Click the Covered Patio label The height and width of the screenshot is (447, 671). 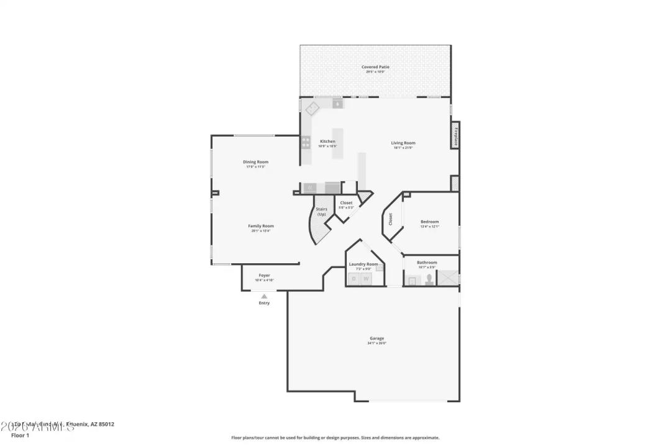point(375,67)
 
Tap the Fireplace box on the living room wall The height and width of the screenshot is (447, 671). point(455,135)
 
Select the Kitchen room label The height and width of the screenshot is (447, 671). point(327,142)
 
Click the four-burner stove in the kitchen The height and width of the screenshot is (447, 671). point(306,143)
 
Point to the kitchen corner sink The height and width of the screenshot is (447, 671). point(312,108)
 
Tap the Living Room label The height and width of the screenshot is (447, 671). point(403,143)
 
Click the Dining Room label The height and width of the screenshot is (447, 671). point(255,162)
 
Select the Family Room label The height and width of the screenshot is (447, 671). point(261,226)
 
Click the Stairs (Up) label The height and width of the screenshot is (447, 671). point(321,212)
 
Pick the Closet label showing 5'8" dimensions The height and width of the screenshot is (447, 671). point(346,203)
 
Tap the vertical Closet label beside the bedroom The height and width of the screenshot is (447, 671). point(391,219)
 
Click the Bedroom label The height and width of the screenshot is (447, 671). point(429,222)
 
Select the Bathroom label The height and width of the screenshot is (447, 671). point(427,263)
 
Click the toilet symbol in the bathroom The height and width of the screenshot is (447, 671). point(429,279)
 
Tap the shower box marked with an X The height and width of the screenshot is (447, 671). point(447,278)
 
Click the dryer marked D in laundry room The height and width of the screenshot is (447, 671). point(354,279)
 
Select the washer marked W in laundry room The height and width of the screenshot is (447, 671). point(367,279)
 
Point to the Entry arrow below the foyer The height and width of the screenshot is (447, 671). point(264,297)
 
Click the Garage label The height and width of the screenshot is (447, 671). point(377,338)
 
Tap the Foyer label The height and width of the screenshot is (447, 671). point(264,275)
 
